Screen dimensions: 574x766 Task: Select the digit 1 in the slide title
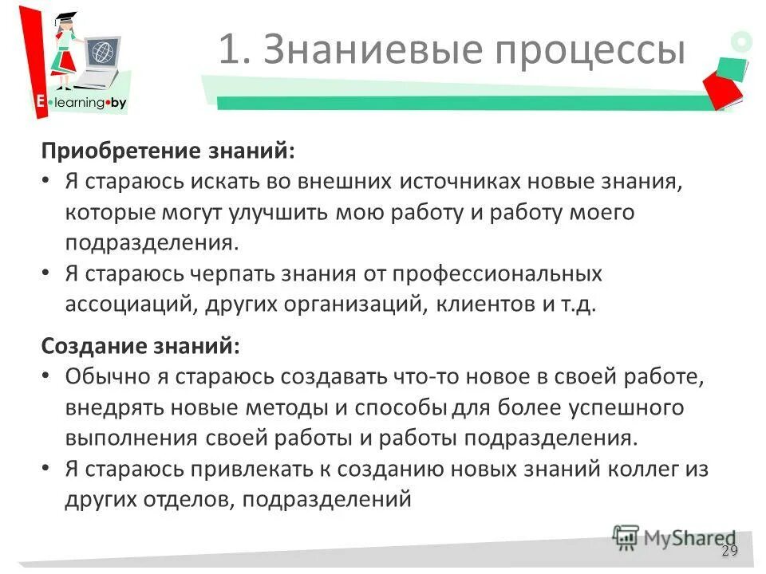pos(229,50)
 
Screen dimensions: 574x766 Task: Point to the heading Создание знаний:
pos(140,347)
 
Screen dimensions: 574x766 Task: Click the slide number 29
pos(729,551)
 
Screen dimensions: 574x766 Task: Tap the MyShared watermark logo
pos(675,538)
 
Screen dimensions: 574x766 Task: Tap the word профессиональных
pos(496,275)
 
